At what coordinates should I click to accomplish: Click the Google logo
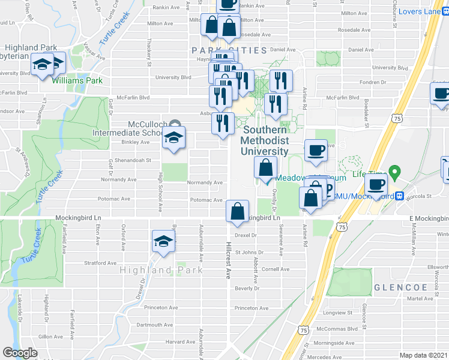(x=20, y=353)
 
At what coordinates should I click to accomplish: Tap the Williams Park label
(x=76, y=80)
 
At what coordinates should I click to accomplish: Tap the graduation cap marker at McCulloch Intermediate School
(x=173, y=137)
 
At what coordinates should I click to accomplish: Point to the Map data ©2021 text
(x=423, y=355)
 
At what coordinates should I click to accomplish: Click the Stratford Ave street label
(x=100, y=263)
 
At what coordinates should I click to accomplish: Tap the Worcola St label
(x=419, y=196)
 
